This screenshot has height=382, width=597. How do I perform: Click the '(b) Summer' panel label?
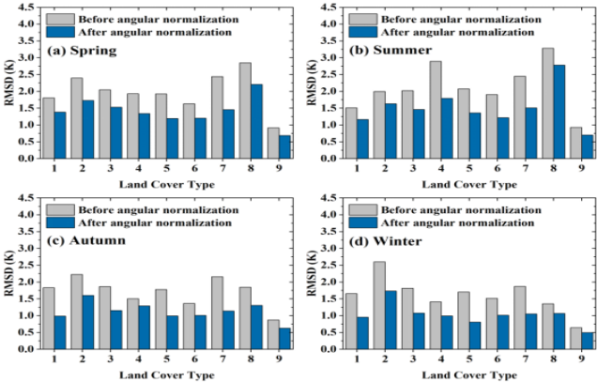pos(392,50)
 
